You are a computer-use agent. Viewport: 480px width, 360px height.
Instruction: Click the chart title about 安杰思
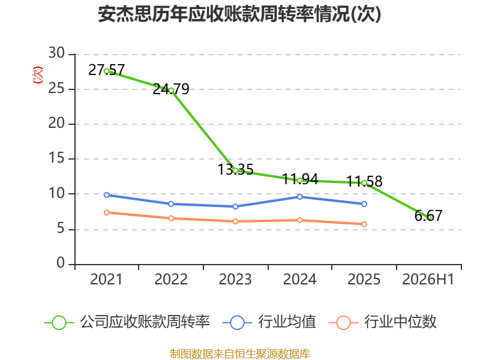239,14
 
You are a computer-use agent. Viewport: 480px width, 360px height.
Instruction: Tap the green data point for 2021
107,71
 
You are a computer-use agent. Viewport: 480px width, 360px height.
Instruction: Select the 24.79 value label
171,89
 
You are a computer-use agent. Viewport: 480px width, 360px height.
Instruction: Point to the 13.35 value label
235,169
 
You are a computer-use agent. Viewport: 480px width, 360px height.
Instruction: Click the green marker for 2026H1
429,217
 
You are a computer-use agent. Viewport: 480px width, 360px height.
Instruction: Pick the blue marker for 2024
299,197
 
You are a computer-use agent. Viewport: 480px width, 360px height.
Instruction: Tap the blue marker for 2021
107,195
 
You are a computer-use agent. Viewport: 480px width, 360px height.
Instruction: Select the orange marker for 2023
235,221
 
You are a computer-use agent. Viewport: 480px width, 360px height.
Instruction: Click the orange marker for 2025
364,224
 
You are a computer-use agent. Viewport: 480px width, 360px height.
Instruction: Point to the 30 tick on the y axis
56,53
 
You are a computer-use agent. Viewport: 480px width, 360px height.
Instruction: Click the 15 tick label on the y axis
56,158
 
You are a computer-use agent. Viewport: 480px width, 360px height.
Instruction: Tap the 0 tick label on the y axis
61,263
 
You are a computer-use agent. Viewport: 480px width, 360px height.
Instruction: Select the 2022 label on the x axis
171,279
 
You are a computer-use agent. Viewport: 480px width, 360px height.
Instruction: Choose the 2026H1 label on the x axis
428,279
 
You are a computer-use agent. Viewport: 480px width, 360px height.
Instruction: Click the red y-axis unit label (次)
38,75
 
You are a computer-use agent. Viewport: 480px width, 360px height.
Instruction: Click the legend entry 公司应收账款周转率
127,322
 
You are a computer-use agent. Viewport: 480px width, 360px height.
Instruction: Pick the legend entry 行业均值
269,322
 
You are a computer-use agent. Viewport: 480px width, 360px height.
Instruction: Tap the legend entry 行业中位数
382,322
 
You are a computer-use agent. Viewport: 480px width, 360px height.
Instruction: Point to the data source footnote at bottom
240,354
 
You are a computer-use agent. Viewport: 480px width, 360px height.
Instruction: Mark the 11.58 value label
364,181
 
